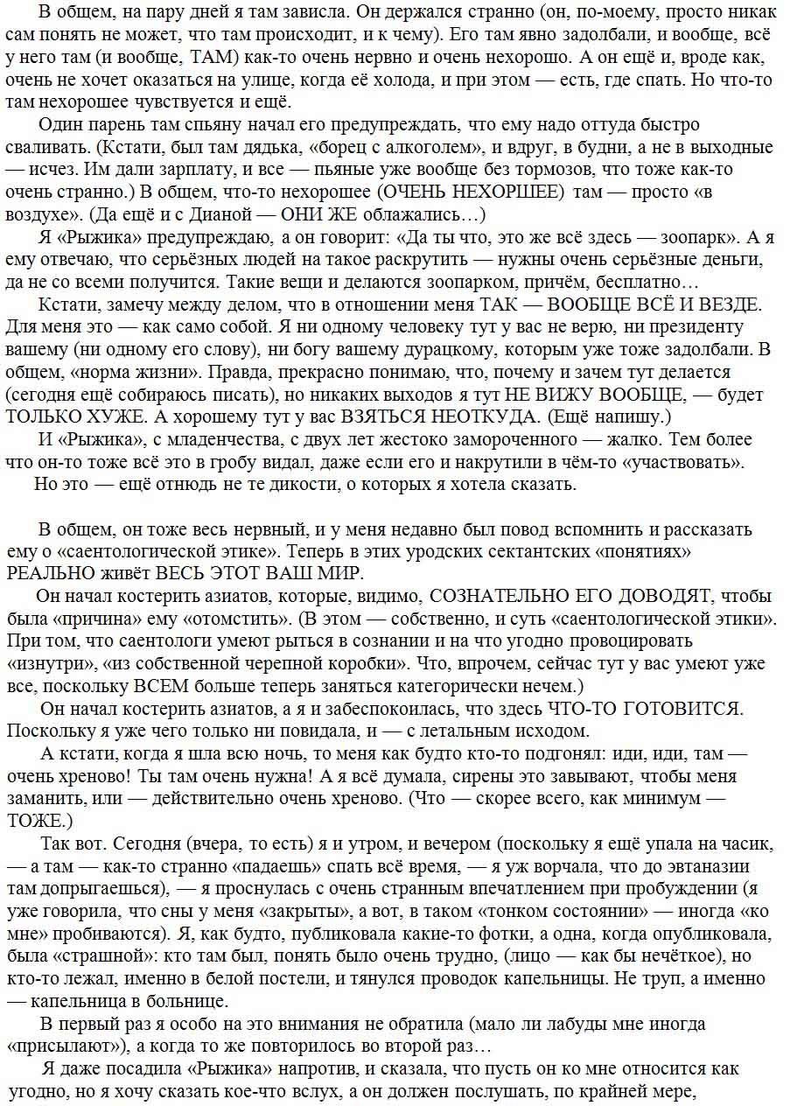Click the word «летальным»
pyautogui.click(x=420, y=730)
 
